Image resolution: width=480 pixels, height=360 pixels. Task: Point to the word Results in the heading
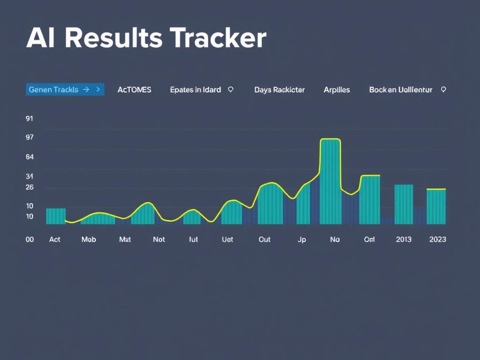coord(114,38)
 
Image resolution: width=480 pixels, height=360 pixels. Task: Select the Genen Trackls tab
coord(65,90)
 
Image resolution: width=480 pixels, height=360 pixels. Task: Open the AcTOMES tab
coord(134,90)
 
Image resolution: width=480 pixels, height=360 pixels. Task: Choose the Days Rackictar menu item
coord(279,90)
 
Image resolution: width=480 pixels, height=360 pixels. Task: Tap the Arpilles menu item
coord(337,90)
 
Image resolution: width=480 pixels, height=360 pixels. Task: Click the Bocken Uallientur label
coord(400,90)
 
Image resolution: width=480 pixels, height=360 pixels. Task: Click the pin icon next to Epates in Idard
coord(231,89)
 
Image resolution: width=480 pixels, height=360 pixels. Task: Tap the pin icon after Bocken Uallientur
coord(443,89)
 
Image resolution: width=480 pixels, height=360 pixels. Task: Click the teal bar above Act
coord(56,216)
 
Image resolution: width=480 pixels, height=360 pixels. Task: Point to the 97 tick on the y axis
coord(30,137)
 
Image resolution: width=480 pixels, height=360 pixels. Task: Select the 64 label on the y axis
coord(30,157)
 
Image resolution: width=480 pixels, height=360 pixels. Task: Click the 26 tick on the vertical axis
coord(30,187)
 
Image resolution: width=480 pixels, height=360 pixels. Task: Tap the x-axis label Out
coord(264,240)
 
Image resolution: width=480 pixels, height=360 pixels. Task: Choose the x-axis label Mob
coord(89,240)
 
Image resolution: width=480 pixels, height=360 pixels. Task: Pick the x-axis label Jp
coord(301,240)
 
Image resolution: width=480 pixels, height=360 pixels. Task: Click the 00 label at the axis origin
coord(30,240)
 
